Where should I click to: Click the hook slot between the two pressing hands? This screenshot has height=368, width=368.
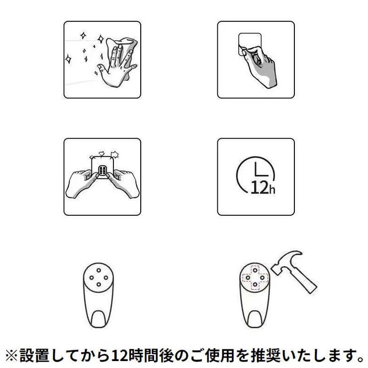tap(102, 172)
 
